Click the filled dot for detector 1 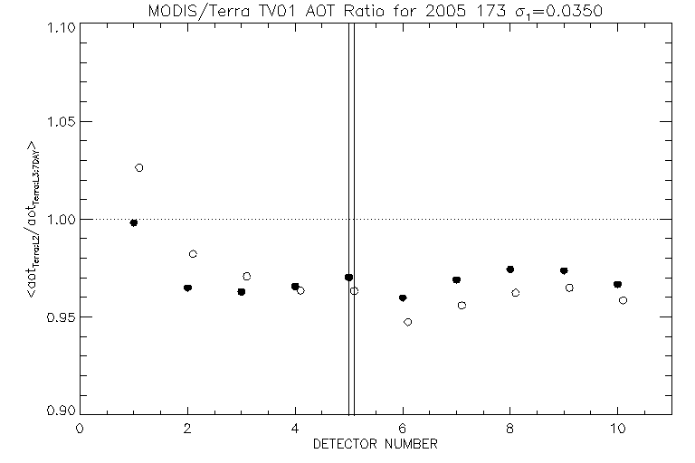pyautogui.click(x=134, y=222)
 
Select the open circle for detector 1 pyautogui.click(x=139, y=167)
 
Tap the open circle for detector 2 pyautogui.click(x=193, y=254)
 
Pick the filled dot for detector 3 pyautogui.click(x=242, y=292)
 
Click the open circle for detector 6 pyautogui.click(x=408, y=322)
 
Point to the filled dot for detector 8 pyautogui.click(x=510, y=269)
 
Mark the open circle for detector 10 pyautogui.click(x=624, y=300)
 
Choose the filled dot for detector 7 pyautogui.click(x=457, y=280)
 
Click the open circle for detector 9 pyautogui.click(x=569, y=288)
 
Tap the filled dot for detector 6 pyautogui.click(x=403, y=298)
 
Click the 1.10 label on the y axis pyautogui.click(x=58, y=24)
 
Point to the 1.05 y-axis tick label pyautogui.click(x=58, y=122)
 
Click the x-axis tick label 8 pyautogui.click(x=510, y=429)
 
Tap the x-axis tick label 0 pyautogui.click(x=80, y=429)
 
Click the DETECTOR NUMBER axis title pyautogui.click(x=376, y=444)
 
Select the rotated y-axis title pyautogui.click(x=33, y=220)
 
